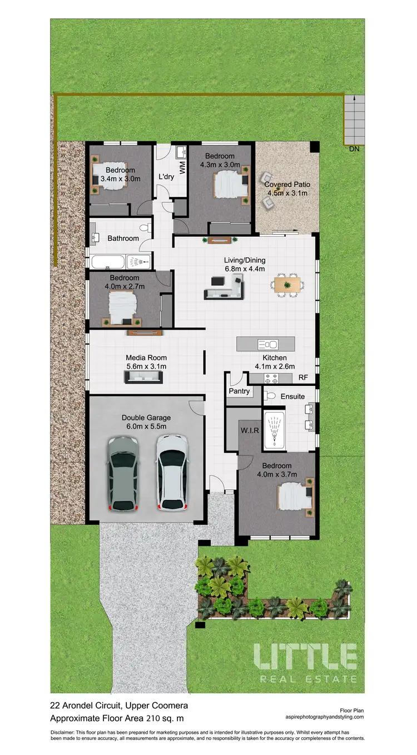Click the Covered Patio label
(x=287, y=185)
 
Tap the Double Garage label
(x=146, y=418)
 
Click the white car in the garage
(x=171, y=472)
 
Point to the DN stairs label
(x=354, y=150)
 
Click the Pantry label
(x=239, y=391)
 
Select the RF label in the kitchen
(x=304, y=378)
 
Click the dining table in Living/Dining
(x=287, y=285)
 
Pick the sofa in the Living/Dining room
(x=224, y=289)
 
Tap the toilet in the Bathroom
(x=145, y=228)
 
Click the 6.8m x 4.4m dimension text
(x=245, y=269)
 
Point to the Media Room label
(x=146, y=358)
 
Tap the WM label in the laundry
(x=181, y=165)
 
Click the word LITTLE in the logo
(x=305, y=657)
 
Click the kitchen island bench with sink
(x=264, y=344)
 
